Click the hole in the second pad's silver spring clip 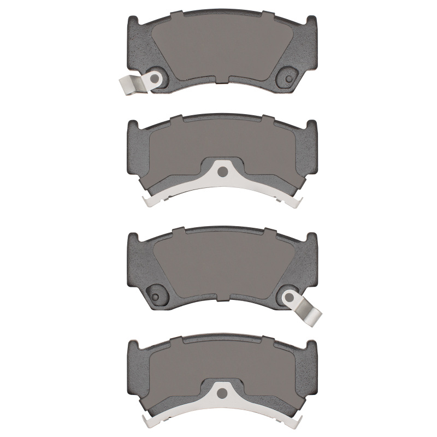coord(221,172)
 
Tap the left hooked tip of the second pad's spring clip coord(147,201)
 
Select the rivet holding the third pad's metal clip coord(287,297)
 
